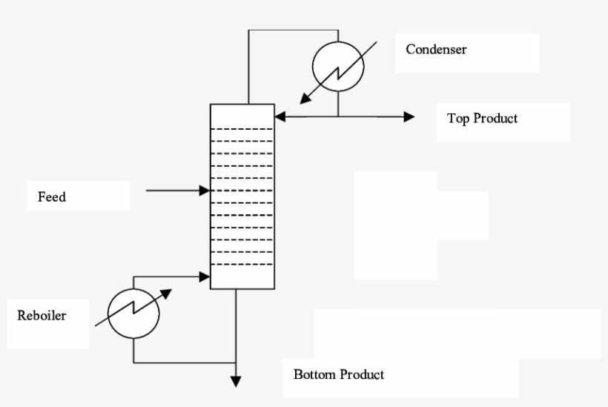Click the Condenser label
click(436, 50)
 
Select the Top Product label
click(482, 118)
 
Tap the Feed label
click(52, 197)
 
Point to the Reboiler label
click(42, 316)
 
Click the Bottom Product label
click(339, 374)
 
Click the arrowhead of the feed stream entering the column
click(205, 191)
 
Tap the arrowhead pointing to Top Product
click(409, 116)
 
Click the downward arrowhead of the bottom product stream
click(237, 381)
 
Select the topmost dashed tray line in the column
click(242, 129)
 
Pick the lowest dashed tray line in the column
click(242, 263)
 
